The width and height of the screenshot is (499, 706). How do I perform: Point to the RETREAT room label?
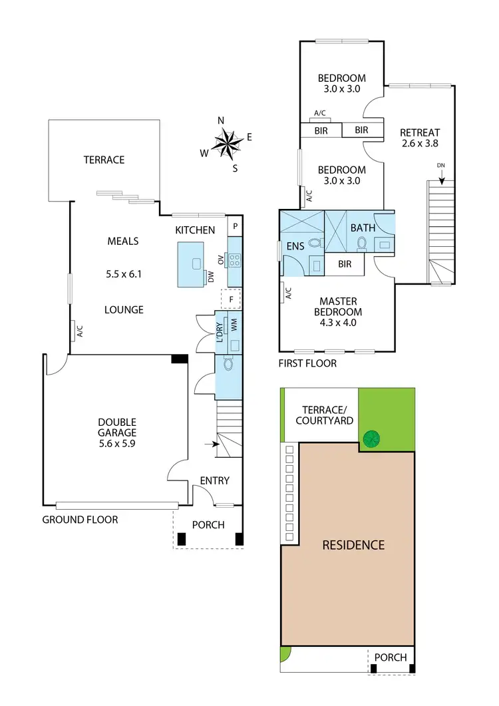[x=420, y=132]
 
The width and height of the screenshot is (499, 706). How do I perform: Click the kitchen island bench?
[x=194, y=264]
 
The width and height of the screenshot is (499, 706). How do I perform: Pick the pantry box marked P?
[x=234, y=227]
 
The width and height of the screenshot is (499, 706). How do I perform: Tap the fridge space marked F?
[x=231, y=300]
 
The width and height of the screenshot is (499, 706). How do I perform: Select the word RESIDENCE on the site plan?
[x=353, y=545]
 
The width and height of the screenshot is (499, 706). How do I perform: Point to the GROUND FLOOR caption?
[x=80, y=520]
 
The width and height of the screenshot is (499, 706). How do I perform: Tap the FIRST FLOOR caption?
[x=308, y=363]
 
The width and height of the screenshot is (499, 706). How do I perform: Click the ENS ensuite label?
[x=295, y=246]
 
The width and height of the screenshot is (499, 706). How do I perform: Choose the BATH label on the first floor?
[x=363, y=228]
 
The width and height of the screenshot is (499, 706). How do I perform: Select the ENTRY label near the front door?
[x=214, y=480]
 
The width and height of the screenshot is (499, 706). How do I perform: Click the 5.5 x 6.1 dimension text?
[x=123, y=273]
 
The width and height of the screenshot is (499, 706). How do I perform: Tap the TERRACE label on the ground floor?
[x=104, y=160]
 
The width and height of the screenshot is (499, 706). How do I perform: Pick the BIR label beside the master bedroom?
[x=345, y=264]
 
